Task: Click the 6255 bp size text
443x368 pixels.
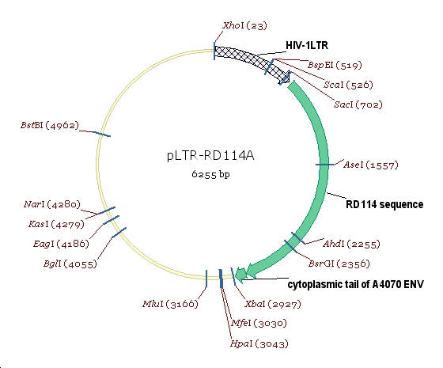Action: click(211, 173)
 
